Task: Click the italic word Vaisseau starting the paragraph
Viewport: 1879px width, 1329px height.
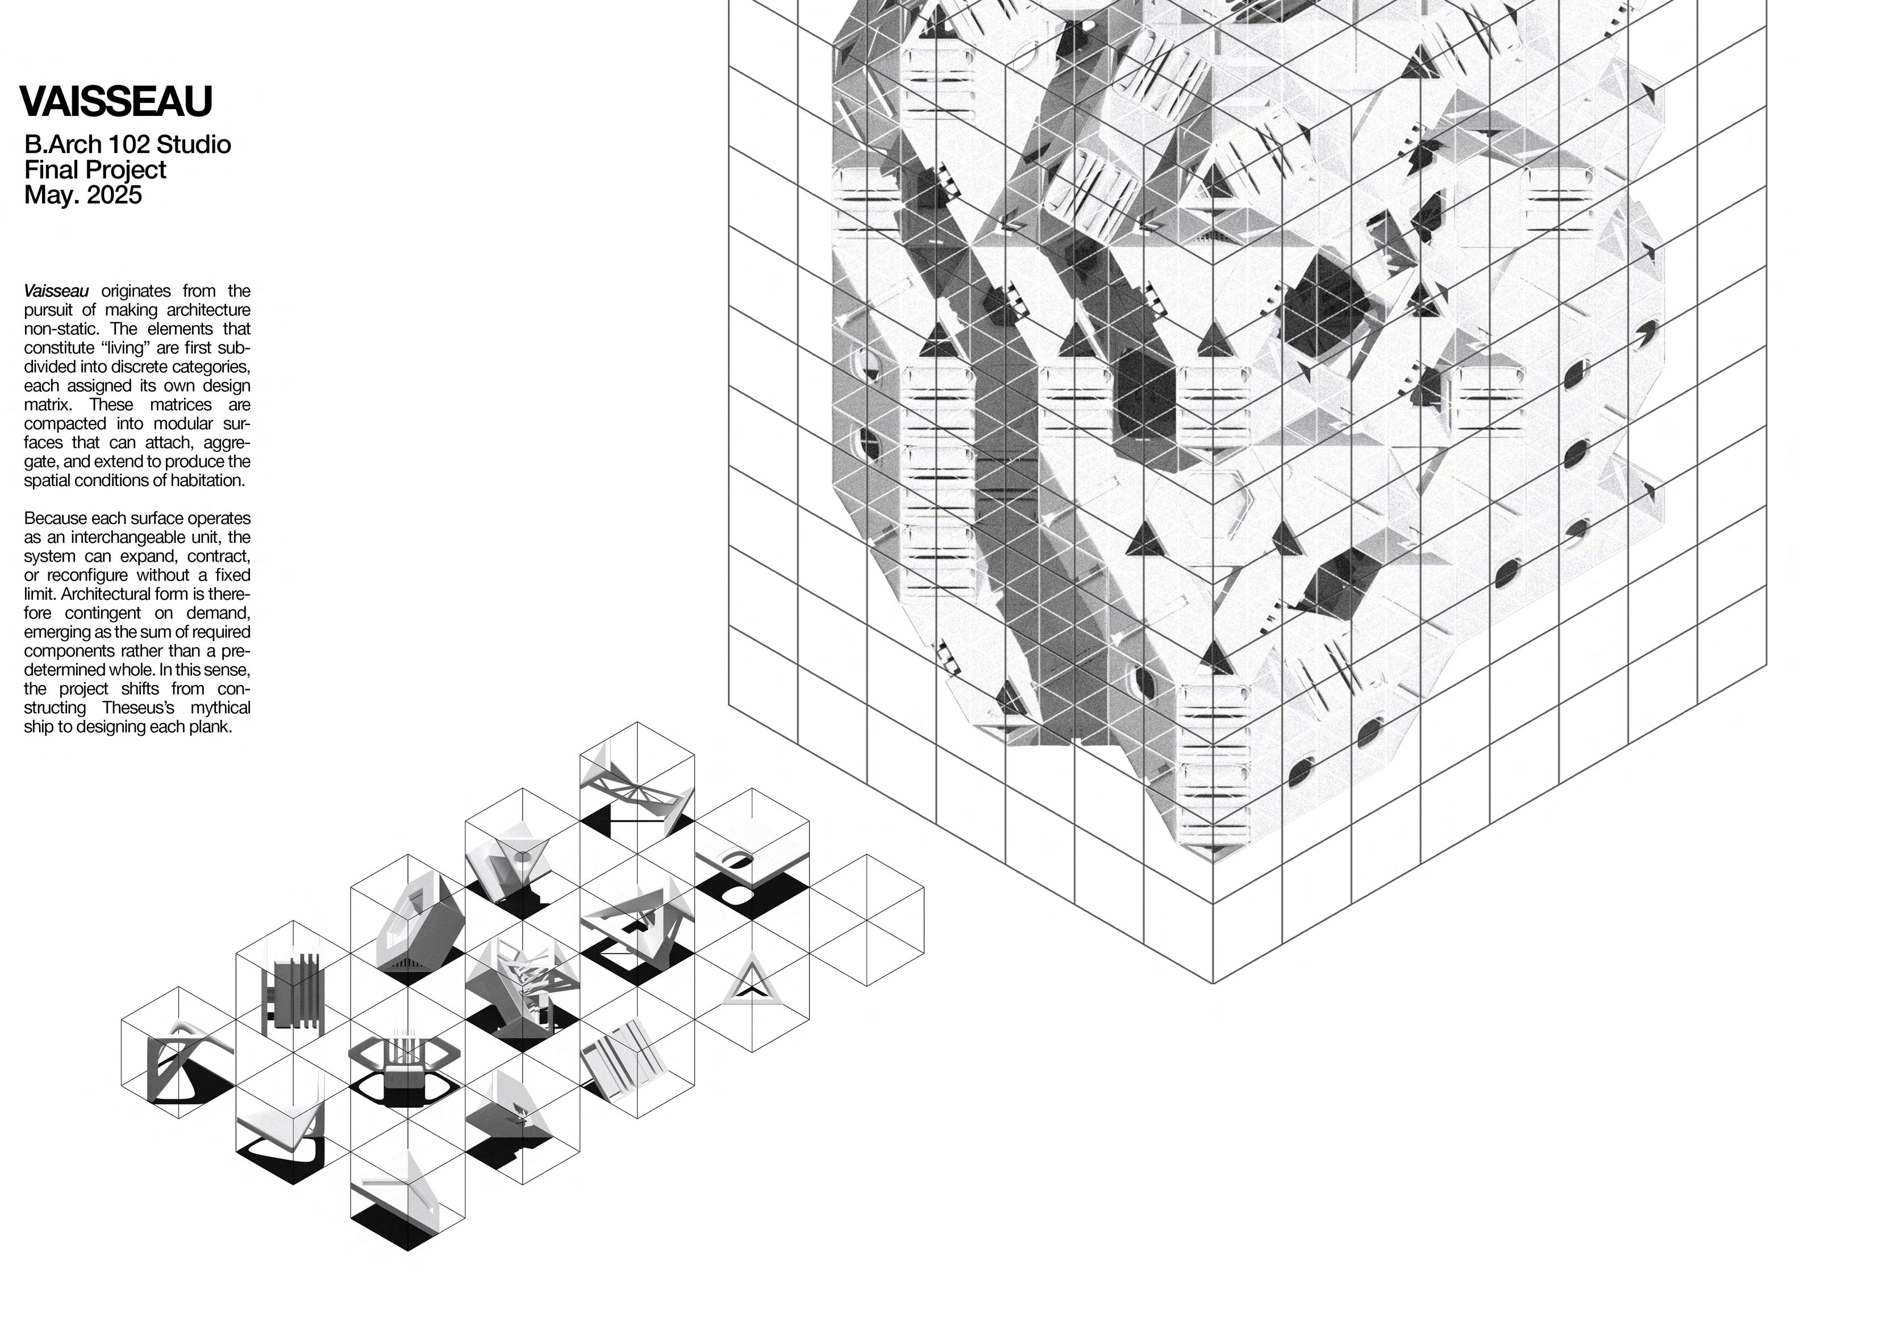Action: coord(56,290)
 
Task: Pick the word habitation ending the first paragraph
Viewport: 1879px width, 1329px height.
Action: coord(206,481)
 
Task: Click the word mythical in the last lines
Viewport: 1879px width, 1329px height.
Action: coord(220,708)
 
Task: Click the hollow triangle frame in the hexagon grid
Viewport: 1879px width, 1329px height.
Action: coord(751,980)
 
